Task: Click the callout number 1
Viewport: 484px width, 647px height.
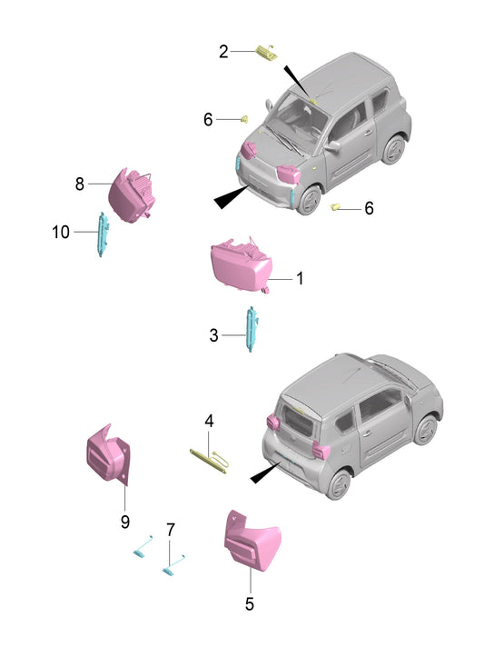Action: point(301,279)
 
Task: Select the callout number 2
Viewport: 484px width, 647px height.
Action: point(223,52)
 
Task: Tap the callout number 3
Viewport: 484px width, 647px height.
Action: point(213,335)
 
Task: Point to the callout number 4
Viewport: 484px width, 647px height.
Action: point(209,422)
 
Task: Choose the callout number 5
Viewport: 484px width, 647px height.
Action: point(250,604)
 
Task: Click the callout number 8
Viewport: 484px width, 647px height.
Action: point(80,184)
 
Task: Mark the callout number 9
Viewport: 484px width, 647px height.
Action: point(125,522)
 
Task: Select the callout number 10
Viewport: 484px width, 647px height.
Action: point(61,232)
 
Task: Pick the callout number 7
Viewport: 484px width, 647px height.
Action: point(171,530)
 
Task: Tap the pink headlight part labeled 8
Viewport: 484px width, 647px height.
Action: point(131,196)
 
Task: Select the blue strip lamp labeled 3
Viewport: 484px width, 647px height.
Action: point(251,329)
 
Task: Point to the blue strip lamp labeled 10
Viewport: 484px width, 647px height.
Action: point(102,234)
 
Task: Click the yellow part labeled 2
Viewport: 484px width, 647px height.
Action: point(267,53)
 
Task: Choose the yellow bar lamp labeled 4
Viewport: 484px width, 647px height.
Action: point(209,462)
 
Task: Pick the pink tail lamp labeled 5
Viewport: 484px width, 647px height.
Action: point(252,542)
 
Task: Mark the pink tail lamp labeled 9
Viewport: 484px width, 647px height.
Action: point(108,455)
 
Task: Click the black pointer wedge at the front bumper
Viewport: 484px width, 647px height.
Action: point(230,198)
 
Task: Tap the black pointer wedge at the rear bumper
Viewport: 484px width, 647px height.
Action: point(264,473)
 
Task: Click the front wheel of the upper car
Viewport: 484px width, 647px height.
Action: point(310,200)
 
